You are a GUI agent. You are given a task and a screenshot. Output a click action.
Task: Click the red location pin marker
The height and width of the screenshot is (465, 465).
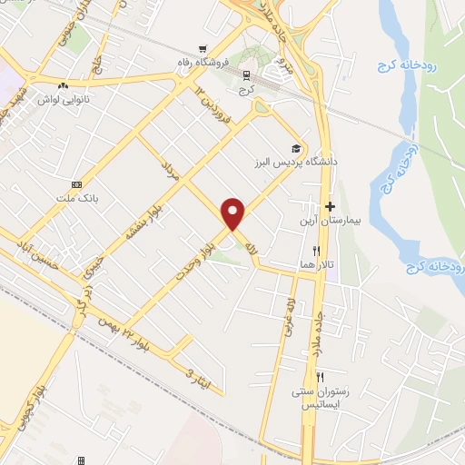click(x=234, y=213)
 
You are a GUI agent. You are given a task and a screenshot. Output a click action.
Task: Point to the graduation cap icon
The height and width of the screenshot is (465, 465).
click(x=295, y=148)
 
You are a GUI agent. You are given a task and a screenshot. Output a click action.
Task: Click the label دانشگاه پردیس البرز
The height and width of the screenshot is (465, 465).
click(x=295, y=162)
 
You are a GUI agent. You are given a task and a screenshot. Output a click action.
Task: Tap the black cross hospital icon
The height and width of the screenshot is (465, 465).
click(x=331, y=207)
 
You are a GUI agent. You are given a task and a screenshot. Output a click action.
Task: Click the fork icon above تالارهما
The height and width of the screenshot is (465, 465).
click(x=316, y=250)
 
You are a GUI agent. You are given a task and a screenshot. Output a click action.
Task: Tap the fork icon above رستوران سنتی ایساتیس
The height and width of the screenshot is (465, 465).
click(x=319, y=376)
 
